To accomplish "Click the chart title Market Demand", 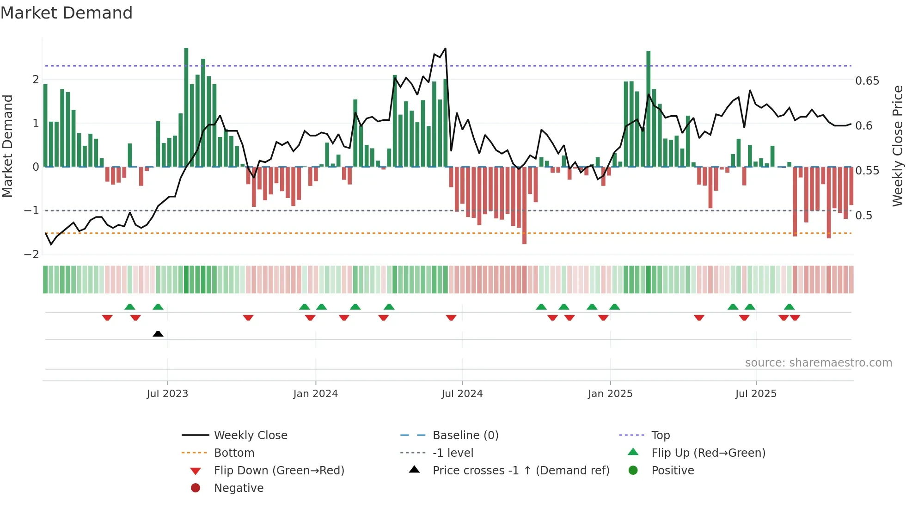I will tap(67, 13).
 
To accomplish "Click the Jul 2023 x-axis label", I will tap(167, 394).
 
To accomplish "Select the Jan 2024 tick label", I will tap(315, 394).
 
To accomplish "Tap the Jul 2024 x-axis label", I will tap(462, 394).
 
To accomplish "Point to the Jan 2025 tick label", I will tap(610, 394).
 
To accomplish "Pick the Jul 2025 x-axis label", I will tap(756, 394).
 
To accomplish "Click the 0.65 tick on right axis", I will tap(867, 81).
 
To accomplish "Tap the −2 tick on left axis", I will tap(32, 254).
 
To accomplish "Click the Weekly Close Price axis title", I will tap(897, 146).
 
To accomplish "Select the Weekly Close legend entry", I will tap(250, 435).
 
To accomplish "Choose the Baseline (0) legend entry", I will tap(465, 435).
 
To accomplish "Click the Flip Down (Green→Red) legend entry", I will tap(279, 471).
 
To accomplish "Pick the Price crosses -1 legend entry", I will tap(520, 471).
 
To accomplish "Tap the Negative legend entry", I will tap(239, 488).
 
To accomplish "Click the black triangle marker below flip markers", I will tap(158, 334).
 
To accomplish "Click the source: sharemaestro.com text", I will tap(818, 363).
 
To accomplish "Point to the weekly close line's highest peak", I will tap(445, 48).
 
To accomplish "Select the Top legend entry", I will tap(660, 435).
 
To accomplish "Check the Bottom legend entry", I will tap(234, 453).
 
